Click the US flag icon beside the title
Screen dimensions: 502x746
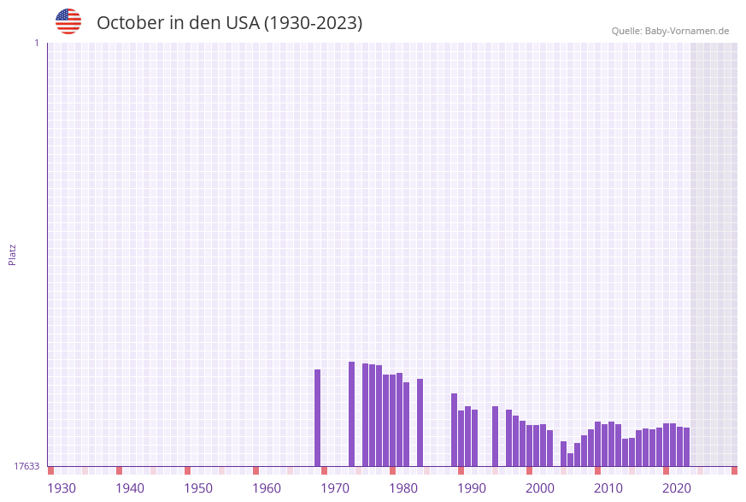68,21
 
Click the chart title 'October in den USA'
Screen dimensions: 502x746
229,23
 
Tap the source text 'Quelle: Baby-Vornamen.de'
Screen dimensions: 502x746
670,31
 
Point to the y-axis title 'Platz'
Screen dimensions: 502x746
13,254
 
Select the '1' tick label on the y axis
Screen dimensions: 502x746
36,43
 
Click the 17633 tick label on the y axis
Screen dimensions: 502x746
26,466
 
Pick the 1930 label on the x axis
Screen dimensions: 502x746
62,488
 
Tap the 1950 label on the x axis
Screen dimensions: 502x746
198,488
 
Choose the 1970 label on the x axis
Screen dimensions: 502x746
335,488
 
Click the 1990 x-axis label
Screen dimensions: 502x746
472,488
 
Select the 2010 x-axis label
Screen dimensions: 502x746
608,488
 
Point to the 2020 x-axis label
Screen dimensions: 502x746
677,488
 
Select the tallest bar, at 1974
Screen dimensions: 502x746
351,414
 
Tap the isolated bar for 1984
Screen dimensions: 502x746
420,422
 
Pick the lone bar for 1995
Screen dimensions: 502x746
495,436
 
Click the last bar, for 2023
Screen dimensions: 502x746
686,446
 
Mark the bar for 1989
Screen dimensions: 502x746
454,429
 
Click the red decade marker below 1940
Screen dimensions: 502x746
119,470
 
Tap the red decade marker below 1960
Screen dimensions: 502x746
256,470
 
